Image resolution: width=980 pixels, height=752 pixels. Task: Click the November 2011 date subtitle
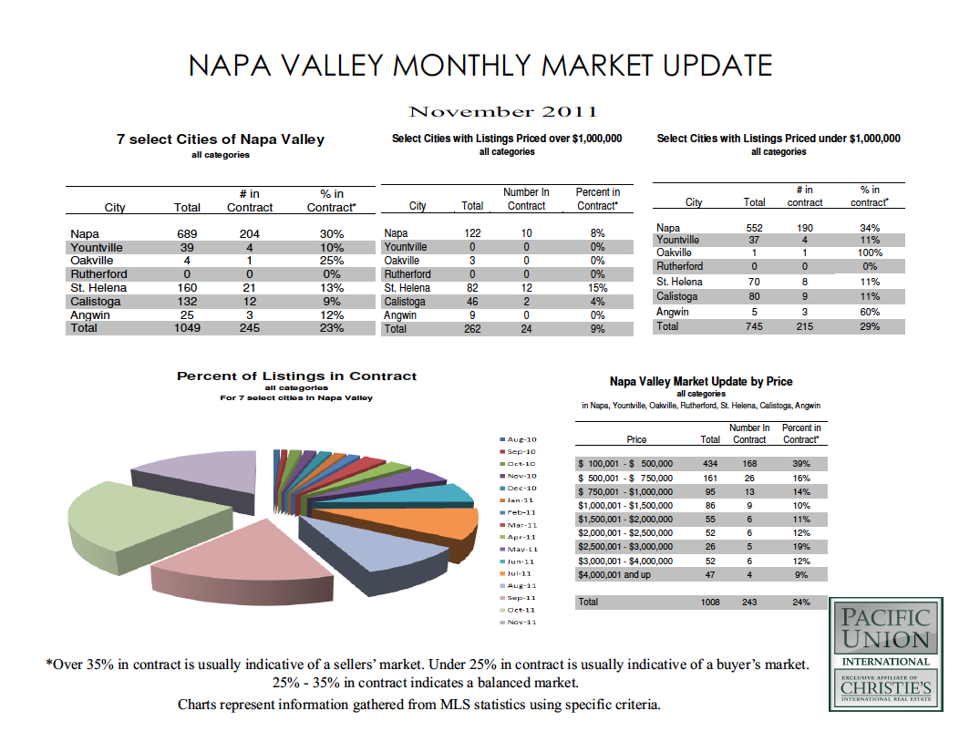[503, 112]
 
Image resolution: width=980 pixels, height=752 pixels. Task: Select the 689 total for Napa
[186, 234]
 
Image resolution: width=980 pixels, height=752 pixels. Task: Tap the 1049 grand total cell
[186, 328]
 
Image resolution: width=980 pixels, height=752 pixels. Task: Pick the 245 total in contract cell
[249, 328]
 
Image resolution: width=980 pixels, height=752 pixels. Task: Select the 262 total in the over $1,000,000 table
[472, 329]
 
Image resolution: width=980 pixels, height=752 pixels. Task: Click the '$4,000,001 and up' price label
[615, 575]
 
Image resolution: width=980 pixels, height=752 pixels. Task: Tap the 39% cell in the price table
[801, 464]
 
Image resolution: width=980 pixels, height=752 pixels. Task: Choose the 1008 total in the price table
[709, 603]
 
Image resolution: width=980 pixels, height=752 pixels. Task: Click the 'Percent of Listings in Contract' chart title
[296, 376]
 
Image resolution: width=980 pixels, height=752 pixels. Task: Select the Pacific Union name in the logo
[886, 629]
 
